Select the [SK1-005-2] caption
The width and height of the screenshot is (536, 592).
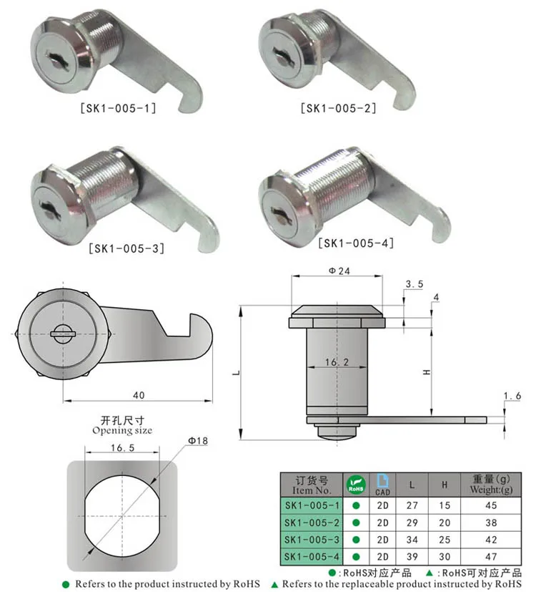(338, 108)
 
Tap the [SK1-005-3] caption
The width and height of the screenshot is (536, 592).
(125, 249)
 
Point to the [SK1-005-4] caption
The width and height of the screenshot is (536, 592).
(356, 243)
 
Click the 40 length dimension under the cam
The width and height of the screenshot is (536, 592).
(138, 395)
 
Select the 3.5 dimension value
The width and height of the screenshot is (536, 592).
(414, 284)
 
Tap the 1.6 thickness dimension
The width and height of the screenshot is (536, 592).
(513, 396)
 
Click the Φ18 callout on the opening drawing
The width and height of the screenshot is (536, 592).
(197, 442)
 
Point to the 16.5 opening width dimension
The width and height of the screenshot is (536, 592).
(121, 447)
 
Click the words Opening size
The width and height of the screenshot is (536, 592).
(122, 430)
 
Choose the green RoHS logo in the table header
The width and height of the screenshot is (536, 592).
(355, 485)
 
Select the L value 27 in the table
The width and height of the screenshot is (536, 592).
(412, 505)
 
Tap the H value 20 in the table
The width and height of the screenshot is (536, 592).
(445, 523)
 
